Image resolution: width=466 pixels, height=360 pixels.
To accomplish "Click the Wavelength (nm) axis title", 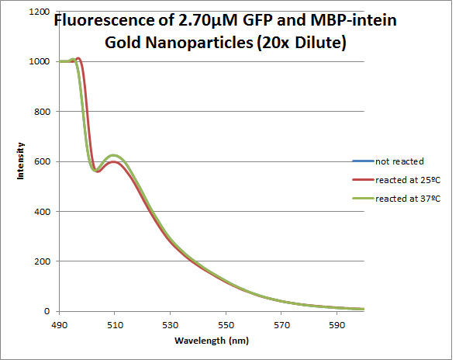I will click(211, 341).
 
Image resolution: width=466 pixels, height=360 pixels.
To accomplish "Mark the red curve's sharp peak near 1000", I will click(78, 57).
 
